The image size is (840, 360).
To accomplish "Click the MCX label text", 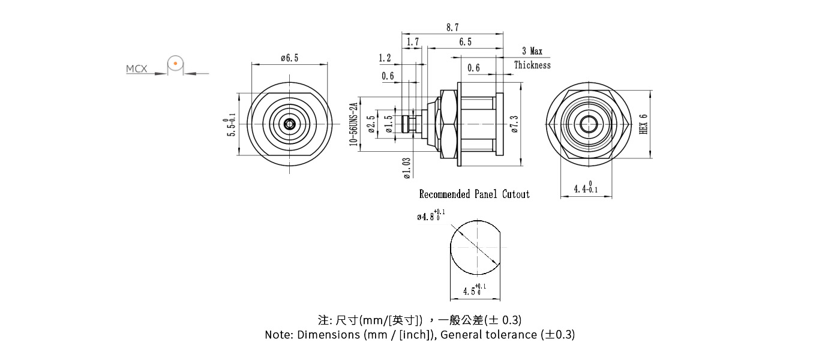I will (136, 69).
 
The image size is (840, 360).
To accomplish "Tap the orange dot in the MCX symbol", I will (175, 62).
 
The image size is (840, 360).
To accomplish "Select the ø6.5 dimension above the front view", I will (289, 58).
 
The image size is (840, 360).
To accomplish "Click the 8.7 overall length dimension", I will (452, 28).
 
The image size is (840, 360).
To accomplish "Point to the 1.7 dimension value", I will (413, 42).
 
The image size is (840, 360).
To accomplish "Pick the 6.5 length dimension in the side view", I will (465, 42).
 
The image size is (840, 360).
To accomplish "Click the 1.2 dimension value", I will (385, 58).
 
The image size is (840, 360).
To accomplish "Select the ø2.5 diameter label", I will (371, 124).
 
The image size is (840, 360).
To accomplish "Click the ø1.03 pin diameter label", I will (407, 168).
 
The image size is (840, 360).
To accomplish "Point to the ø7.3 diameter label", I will (514, 124).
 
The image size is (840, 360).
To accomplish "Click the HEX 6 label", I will (644, 124).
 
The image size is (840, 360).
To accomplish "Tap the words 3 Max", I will (532, 52).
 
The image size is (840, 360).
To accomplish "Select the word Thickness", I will (532, 65).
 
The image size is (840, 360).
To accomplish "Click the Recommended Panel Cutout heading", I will (474, 194).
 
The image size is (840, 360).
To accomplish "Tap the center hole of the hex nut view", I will (588, 124).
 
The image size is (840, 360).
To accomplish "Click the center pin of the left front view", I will (290, 124).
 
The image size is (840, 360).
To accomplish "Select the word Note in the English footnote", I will (278, 335).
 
